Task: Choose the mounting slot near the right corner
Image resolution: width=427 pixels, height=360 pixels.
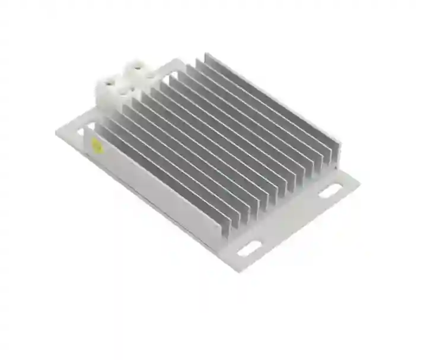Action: (x=330, y=190)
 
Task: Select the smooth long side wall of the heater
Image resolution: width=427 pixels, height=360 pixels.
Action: (x=154, y=196)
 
